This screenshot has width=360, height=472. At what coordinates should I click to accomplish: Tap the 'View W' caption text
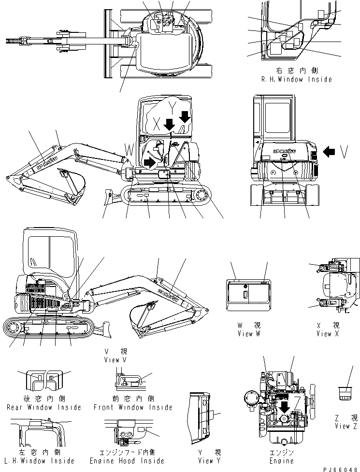click(249, 334)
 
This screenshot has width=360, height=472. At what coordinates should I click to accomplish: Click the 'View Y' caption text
click(209, 460)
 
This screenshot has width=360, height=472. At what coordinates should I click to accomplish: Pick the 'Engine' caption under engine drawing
click(282, 461)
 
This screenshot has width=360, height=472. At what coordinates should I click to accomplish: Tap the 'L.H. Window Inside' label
click(41, 461)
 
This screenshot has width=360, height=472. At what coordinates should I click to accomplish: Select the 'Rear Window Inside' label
click(44, 407)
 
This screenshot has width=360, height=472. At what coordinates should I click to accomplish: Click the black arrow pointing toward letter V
click(330, 153)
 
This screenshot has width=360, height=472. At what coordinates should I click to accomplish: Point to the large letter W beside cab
click(129, 148)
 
